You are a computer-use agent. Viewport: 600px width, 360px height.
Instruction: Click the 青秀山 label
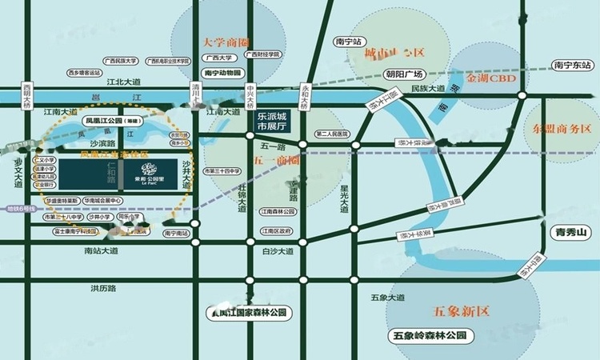click(571, 232)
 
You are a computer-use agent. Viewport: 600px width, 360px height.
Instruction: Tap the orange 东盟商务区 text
click(561, 129)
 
